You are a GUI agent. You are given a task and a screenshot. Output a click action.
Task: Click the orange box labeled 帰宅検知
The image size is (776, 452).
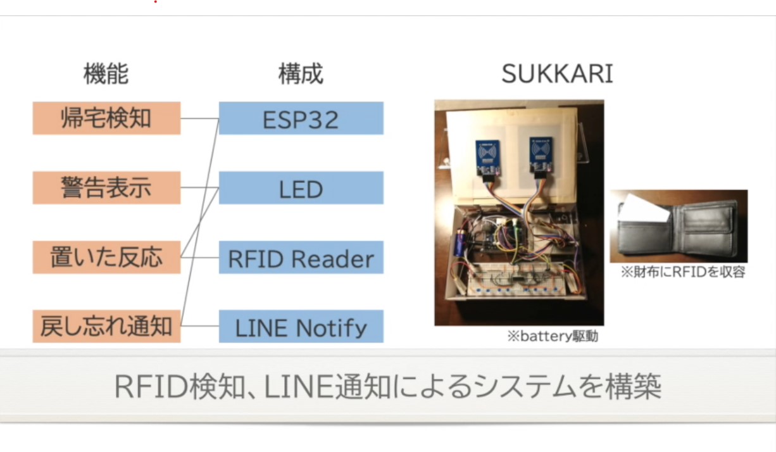tap(106, 118)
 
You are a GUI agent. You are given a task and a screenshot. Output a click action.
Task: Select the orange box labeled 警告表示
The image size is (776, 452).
tap(106, 188)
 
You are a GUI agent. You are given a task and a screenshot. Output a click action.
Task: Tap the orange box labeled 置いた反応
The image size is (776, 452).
tap(106, 257)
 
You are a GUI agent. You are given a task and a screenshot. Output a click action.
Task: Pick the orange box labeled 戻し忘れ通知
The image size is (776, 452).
tap(106, 326)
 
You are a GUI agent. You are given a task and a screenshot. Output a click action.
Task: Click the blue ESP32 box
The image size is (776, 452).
tap(301, 118)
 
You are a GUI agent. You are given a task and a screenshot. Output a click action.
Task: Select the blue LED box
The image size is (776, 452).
tap(301, 188)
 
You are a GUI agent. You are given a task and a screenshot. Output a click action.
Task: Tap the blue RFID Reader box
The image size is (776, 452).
tap(301, 257)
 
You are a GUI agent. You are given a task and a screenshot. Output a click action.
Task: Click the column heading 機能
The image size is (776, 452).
tap(106, 75)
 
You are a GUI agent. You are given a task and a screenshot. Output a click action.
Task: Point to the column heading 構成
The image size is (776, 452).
tap(301, 75)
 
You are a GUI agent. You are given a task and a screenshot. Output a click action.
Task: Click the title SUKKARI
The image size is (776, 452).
tap(557, 75)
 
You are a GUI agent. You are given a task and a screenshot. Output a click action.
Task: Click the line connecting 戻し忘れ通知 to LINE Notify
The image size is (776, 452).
tap(200, 326)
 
